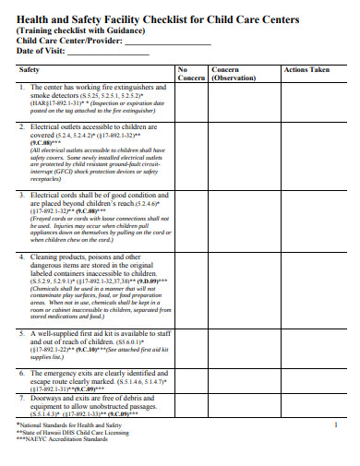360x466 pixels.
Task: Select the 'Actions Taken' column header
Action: [x=306, y=69]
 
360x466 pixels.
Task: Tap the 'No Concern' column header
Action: [x=189, y=74]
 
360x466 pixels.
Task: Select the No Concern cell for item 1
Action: [x=189, y=101]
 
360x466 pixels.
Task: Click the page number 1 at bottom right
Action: [x=336, y=424]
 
